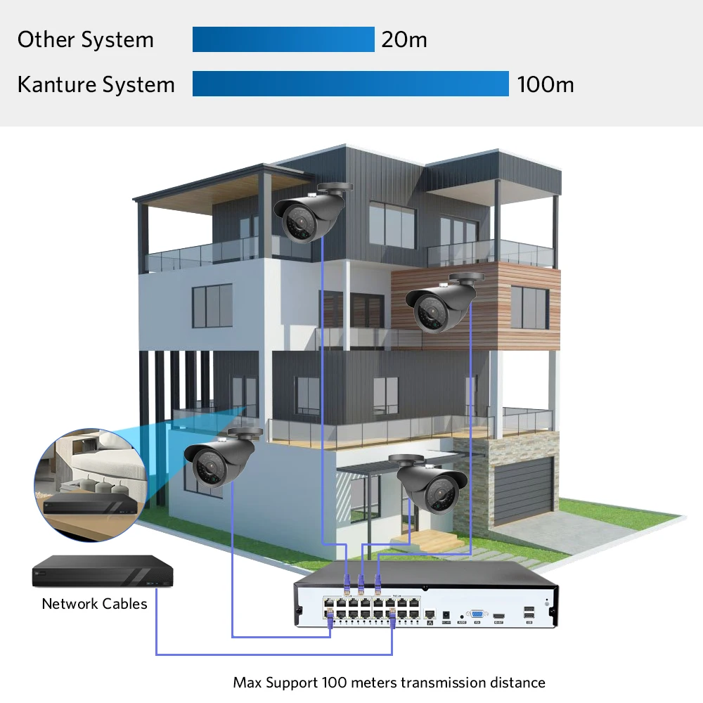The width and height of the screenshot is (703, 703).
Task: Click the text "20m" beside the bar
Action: (x=404, y=39)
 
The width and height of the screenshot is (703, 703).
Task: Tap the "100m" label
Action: (x=546, y=84)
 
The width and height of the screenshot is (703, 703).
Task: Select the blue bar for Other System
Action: (x=283, y=39)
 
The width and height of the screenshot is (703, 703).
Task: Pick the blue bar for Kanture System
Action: (x=350, y=84)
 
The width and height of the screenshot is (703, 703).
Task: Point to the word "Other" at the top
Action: (x=44, y=39)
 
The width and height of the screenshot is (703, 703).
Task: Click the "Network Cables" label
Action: (x=94, y=604)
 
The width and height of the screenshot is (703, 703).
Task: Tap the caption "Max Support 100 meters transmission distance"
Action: (x=389, y=682)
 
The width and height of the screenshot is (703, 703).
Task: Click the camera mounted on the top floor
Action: (x=312, y=214)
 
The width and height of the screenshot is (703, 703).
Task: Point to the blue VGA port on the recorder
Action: (x=477, y=614)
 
